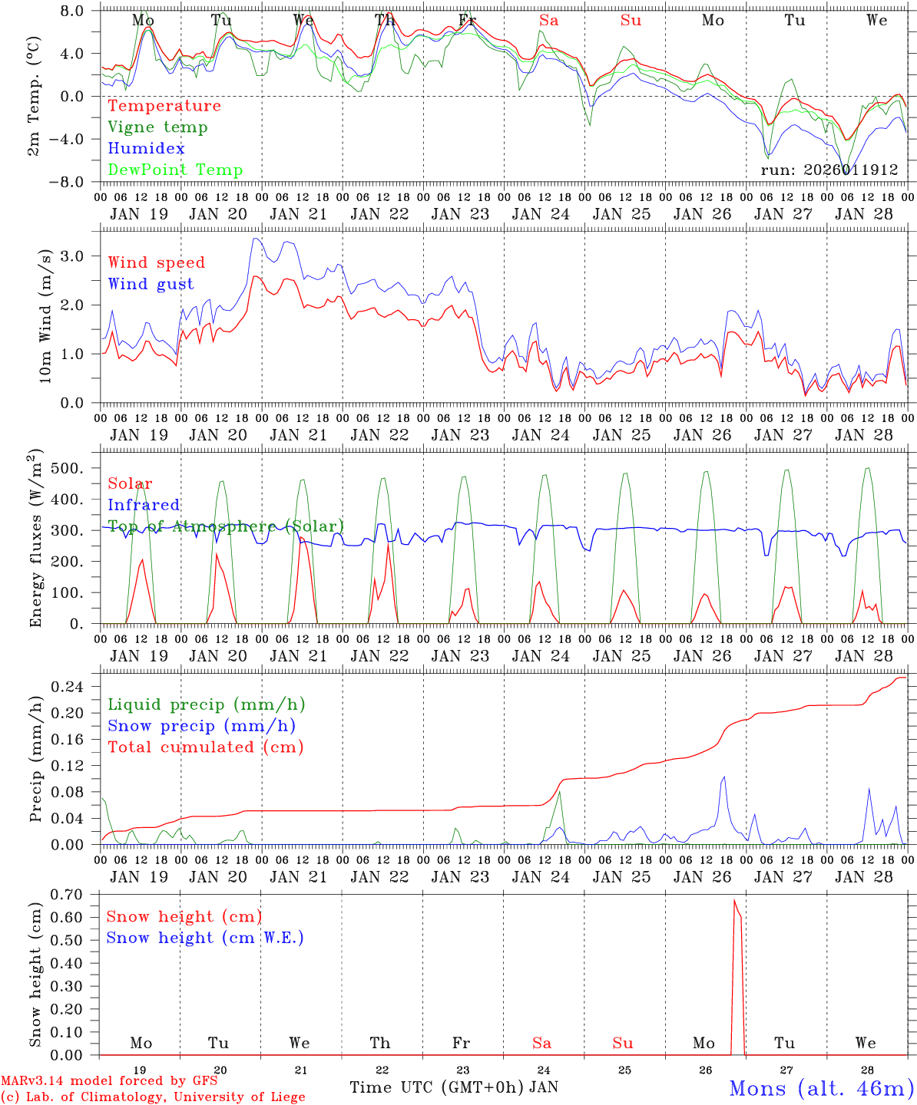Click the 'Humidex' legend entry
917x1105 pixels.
coord(146,149)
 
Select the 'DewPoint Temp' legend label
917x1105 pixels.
coord(175,170)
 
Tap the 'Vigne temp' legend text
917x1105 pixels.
coord(157,127)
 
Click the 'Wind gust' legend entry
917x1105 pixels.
coord(151,284)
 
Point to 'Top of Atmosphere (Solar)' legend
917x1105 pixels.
coord(226,526)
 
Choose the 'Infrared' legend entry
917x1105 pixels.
coord(144,505)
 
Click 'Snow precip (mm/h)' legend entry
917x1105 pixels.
coord(201,726)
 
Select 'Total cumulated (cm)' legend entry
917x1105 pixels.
coord(205,747)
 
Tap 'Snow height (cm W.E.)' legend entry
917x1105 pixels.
coord(205,938)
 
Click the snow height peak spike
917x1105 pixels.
coord(734,901)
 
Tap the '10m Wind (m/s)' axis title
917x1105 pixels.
coord(45,315)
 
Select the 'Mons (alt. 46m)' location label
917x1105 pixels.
coord(821,1088)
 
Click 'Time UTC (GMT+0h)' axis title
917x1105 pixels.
coord(436,1087)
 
